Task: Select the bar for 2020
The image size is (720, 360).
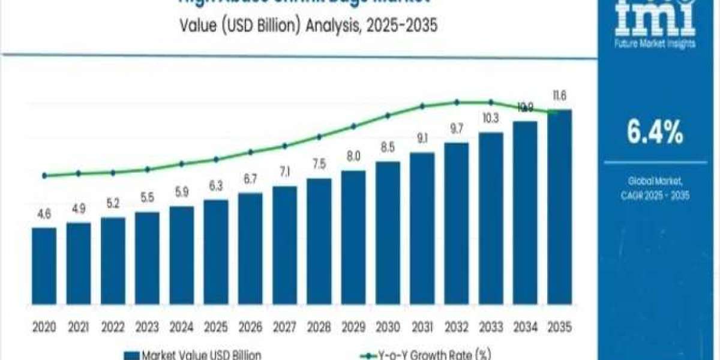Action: click(x=44, y=273)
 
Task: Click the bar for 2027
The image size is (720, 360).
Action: click(x=284, y=252)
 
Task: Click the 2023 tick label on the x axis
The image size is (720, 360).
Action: click(x=147, y=328)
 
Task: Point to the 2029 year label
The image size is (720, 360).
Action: click(x=353, y=328)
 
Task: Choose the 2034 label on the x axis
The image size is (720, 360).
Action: click(x=525, y=328)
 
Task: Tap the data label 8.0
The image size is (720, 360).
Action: click(x=353, y=157)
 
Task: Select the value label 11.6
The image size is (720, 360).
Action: click(x=560, y=96)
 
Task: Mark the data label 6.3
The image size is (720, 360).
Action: click(x=216, y=187)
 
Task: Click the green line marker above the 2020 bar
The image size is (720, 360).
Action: click(x=44, y=176)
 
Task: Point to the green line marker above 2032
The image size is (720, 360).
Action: click(x=457, y=102)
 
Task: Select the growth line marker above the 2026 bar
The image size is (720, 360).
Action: click(x=250, y=152)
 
